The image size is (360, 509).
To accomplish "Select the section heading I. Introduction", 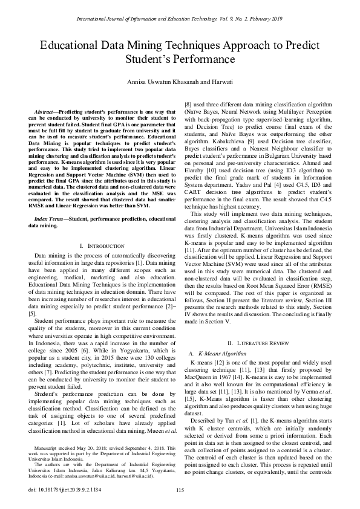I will coord(102,246).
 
